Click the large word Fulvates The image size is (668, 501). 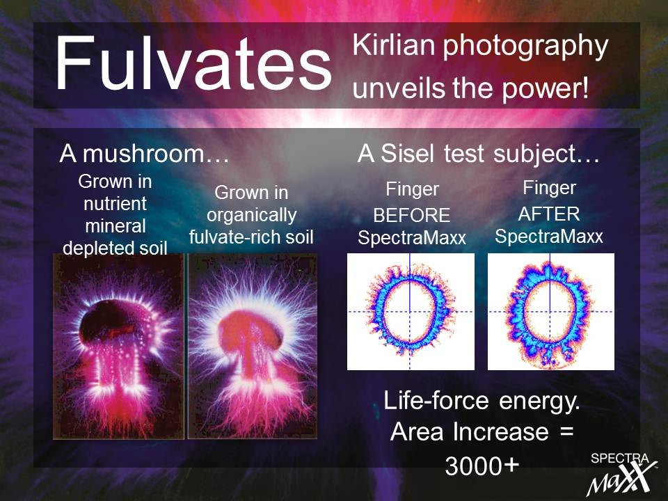(193, 63)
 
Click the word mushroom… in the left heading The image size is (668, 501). (156, 153)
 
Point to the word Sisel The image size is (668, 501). (408, 153)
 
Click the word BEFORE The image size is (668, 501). (411, 216)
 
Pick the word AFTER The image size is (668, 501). (549, 214)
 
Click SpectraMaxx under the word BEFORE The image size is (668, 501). (412, 238)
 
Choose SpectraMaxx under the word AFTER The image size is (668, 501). (549, 237)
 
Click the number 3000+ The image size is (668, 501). (482, 466)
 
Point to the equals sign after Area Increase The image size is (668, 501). (566, 432)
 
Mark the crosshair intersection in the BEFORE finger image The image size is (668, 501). (410, 312)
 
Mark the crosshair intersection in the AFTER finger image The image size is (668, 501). (550, 312)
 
